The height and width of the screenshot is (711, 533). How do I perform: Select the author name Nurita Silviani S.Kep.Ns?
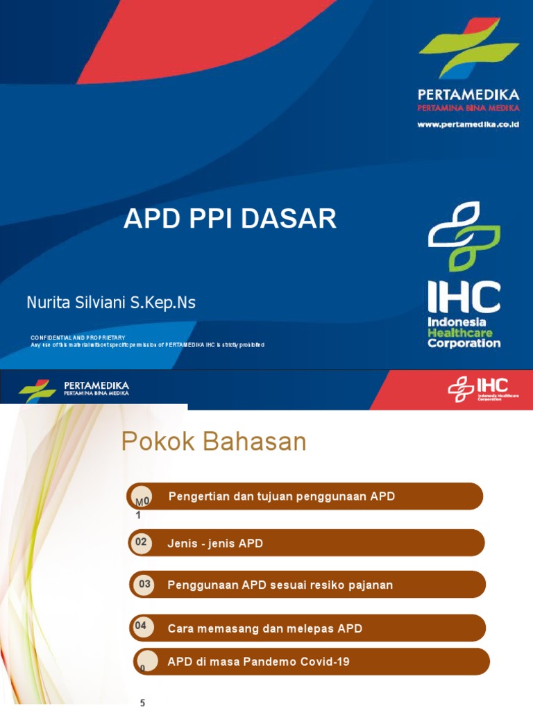tap(111, 303)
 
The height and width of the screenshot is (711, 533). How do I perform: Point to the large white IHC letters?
tap(464, 296)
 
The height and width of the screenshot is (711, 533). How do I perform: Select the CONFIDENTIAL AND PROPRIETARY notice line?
tap(78, 337)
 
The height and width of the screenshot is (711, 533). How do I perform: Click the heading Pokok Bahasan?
tap(214, 442)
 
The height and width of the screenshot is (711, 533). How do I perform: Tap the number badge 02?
tap(141, 542)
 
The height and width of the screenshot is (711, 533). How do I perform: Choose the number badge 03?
tap(144, 585)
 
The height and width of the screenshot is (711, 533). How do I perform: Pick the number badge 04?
tap(141, 626)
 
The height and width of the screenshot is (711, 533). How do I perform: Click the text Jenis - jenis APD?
tap(215, 544)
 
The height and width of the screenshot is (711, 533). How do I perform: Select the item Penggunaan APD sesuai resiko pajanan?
tap(280, 585)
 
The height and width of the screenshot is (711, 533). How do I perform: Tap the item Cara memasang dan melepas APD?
tap(265, 628)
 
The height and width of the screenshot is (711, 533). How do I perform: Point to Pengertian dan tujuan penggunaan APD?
tap(282, 496)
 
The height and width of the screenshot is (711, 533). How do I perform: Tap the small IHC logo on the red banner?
tap(479, 389)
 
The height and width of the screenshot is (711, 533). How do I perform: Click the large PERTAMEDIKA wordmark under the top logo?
tap(468, 94)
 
